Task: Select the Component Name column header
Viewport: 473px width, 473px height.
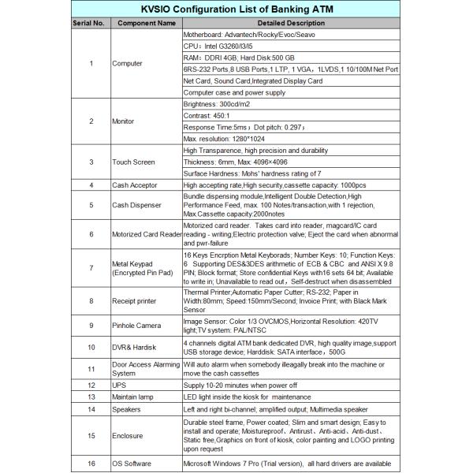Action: tap(147, 24)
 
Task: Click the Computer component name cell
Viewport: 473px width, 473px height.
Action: tap(128, 63)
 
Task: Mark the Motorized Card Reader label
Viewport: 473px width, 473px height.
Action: tap(147, 234)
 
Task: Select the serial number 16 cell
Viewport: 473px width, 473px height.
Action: tap(91, 463)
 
